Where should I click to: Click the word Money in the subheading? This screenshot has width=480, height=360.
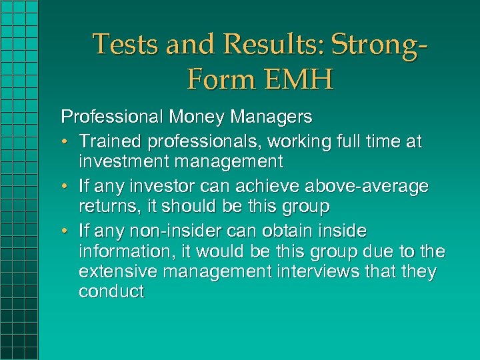189,117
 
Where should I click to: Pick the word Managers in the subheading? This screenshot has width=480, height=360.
270,117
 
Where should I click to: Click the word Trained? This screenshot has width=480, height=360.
111,141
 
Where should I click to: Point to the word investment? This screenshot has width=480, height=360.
123,162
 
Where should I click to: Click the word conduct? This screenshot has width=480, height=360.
111,293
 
